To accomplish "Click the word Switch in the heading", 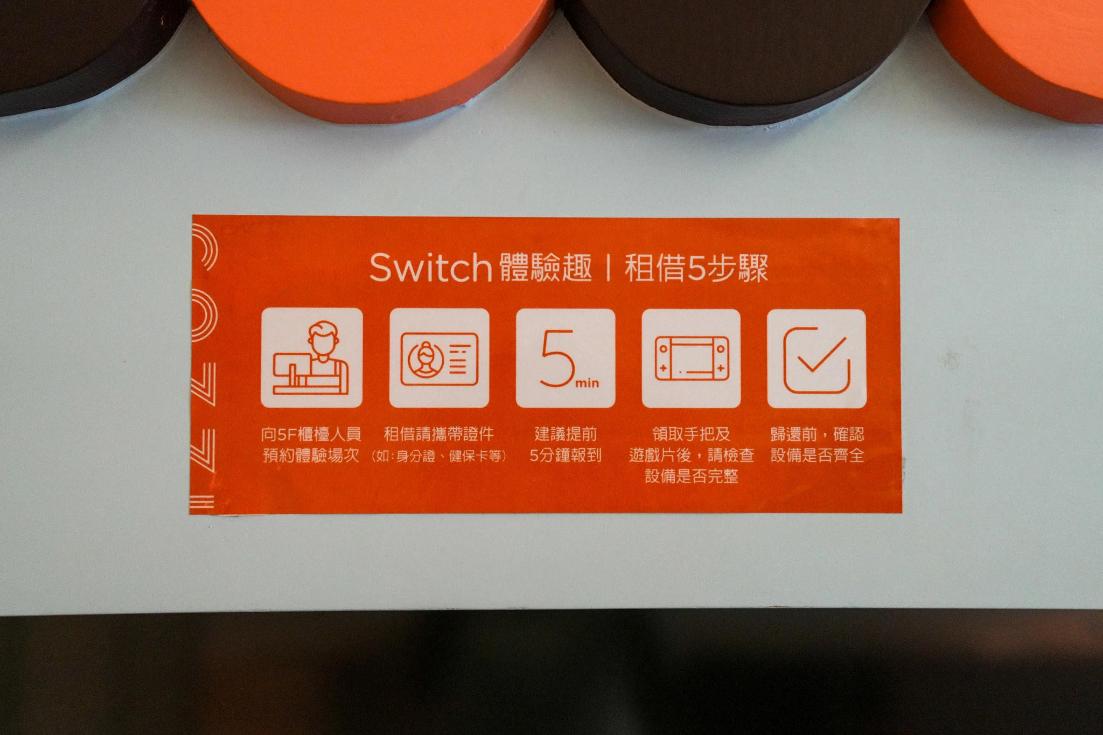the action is point(430,267).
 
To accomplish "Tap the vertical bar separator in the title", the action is point(608,268).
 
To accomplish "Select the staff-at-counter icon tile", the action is point(312,358).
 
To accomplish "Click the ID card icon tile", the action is point(439,358).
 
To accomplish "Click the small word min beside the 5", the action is point(587,383).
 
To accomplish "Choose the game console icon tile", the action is point(691,359).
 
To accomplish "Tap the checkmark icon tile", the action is point(816,359).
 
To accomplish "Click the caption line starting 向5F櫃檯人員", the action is point(311,434).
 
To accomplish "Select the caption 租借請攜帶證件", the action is point(438,434).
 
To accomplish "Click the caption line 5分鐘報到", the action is point(566,456).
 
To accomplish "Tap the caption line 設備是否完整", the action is point(692,476).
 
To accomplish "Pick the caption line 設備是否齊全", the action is point(817,456).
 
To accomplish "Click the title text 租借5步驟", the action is point(696,268).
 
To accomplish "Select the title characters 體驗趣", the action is point(546,268).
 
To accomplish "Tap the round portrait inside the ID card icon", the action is point(426,359).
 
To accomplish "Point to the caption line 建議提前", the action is point(566,434).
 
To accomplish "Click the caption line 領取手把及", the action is point(692,434).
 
